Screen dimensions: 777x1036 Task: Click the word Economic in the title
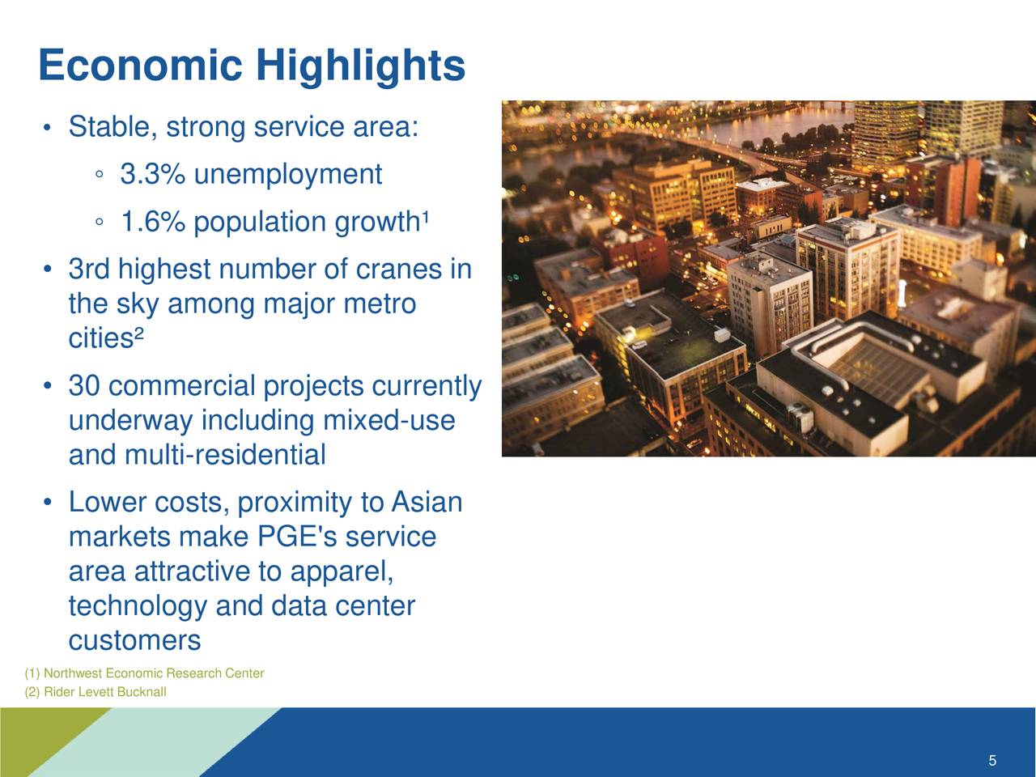pyautogui.click(x=139, y=66)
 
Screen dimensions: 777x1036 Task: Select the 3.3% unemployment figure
pyautogui.click(x=151, y=174)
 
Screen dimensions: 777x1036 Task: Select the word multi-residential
pyautogui.click(x=225, y=456)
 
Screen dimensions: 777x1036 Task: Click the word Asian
pyautogui.click(x=427, y=503)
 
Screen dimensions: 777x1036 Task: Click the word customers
pyautogui.click(x=134, y=641)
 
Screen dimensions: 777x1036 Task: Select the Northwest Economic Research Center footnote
pyautogui.click(x=144, y=673)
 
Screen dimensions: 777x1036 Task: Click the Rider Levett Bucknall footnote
pyautogui.click(x=96, y=692)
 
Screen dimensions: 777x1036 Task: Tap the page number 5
pyautogui.click(x=991, y=761)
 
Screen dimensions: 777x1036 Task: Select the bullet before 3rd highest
pyautogui.click(x=49, y=270)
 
